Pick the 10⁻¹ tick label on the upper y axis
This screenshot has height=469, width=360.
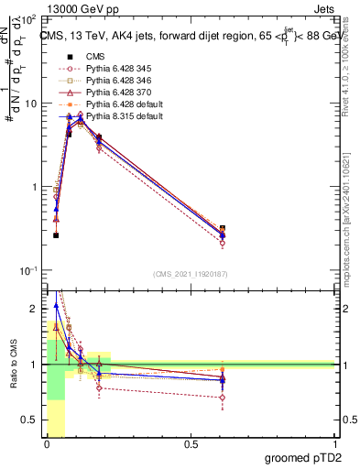(x=28, y=271)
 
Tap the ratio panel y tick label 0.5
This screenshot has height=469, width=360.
(x=30, y=420)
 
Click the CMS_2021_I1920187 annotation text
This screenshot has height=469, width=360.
(x=190, y=274)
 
